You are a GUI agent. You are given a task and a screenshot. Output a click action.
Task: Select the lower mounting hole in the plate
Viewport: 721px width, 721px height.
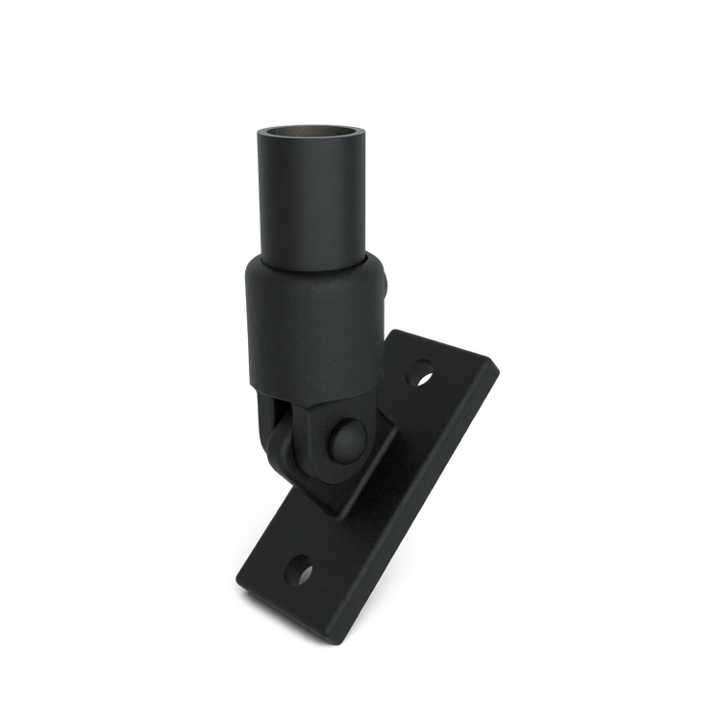[x=303, y=572]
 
